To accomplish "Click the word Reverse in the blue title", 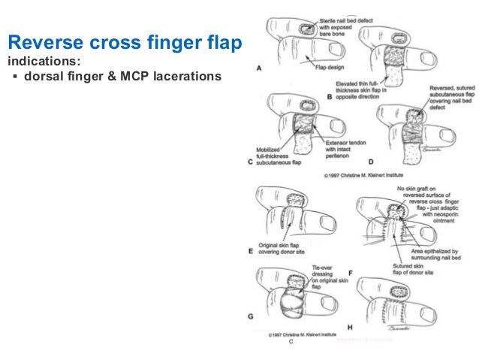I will point(47,43).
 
